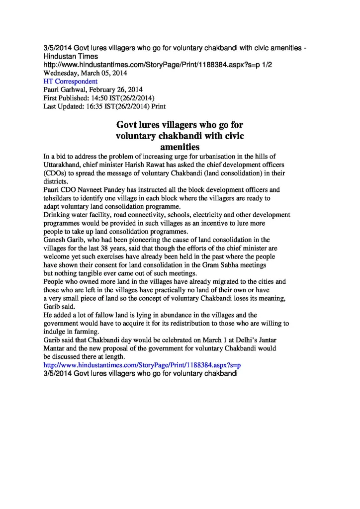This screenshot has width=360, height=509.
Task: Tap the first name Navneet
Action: point(94,190)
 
